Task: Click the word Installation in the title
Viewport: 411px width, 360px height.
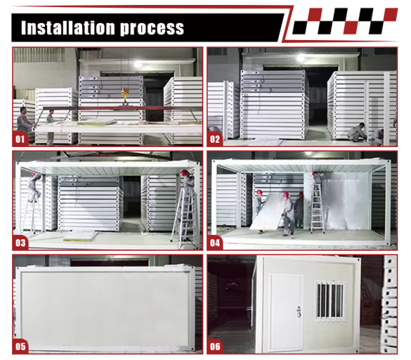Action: (68, 28)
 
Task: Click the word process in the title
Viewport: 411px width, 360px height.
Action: (152, 29)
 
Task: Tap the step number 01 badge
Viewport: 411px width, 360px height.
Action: (20, 139)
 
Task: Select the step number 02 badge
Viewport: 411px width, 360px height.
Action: (215, 139)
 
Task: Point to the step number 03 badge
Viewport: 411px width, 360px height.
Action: (20, 243)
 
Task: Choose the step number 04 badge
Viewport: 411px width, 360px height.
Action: (215, 243)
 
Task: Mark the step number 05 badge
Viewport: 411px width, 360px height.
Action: (20, 346)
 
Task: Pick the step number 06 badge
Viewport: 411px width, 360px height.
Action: (215, 346)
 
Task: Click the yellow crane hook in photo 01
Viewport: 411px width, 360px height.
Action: (125, 95)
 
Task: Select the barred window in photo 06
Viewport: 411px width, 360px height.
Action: (330, 301)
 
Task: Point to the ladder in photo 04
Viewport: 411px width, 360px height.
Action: (318, 209)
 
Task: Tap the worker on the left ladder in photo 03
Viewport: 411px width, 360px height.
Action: (34, 187)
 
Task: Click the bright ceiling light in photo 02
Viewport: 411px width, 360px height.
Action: (300, 58)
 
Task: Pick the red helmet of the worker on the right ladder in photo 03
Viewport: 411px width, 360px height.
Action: (185, 173)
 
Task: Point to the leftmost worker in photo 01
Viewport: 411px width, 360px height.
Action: (24, 121)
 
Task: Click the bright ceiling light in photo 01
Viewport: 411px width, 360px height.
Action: (138, 64)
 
